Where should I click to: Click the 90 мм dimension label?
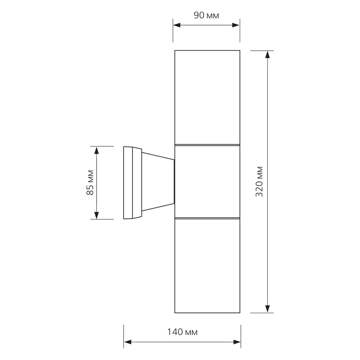[206, 15]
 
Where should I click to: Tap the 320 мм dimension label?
[259, 182]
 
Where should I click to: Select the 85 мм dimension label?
[90, 183]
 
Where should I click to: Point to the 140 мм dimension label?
[182, 332]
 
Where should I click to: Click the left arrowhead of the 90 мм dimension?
[176, 25]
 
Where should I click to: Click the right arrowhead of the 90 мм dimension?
[236, 25]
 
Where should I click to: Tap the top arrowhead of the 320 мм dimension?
[268, 54]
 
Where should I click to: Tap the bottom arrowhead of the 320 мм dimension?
[268, 309]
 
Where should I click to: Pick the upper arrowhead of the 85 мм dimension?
[97, 150]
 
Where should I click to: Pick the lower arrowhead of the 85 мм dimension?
[97, 216]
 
